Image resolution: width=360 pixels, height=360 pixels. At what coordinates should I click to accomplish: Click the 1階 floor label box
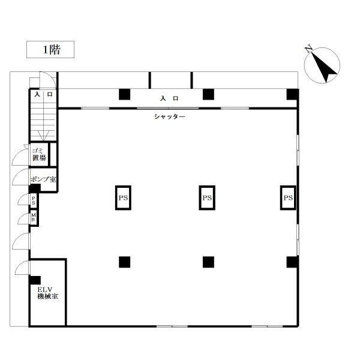tap(50, 50)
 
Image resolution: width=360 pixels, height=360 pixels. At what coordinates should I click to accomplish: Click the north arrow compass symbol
tap(322, 65)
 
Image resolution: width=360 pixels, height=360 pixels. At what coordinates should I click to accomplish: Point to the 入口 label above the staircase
tap(43, 95)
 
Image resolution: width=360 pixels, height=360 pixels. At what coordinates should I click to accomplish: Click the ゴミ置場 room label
tap(39, 154)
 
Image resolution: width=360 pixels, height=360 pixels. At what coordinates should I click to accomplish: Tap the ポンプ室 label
tap(43, 179)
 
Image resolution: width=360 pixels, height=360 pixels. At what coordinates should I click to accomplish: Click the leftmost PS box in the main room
tap(124, 197)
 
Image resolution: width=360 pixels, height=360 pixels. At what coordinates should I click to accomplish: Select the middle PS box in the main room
tap(207, 197)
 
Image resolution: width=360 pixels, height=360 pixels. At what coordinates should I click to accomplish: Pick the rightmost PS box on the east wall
tap(288, 197)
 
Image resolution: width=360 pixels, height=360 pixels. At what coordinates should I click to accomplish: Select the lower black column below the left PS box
tap(124, 262)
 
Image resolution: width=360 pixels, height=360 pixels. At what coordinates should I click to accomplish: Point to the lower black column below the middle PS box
tap(208, 262)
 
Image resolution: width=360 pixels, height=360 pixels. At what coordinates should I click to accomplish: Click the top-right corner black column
tap(292, 94)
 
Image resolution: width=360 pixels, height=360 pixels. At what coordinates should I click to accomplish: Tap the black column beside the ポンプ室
tap(35, 188)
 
